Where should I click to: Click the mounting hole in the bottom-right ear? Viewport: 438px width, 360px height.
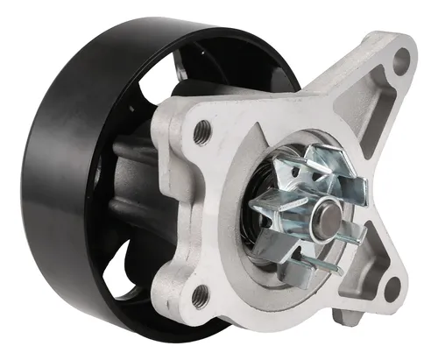[391, 286]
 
